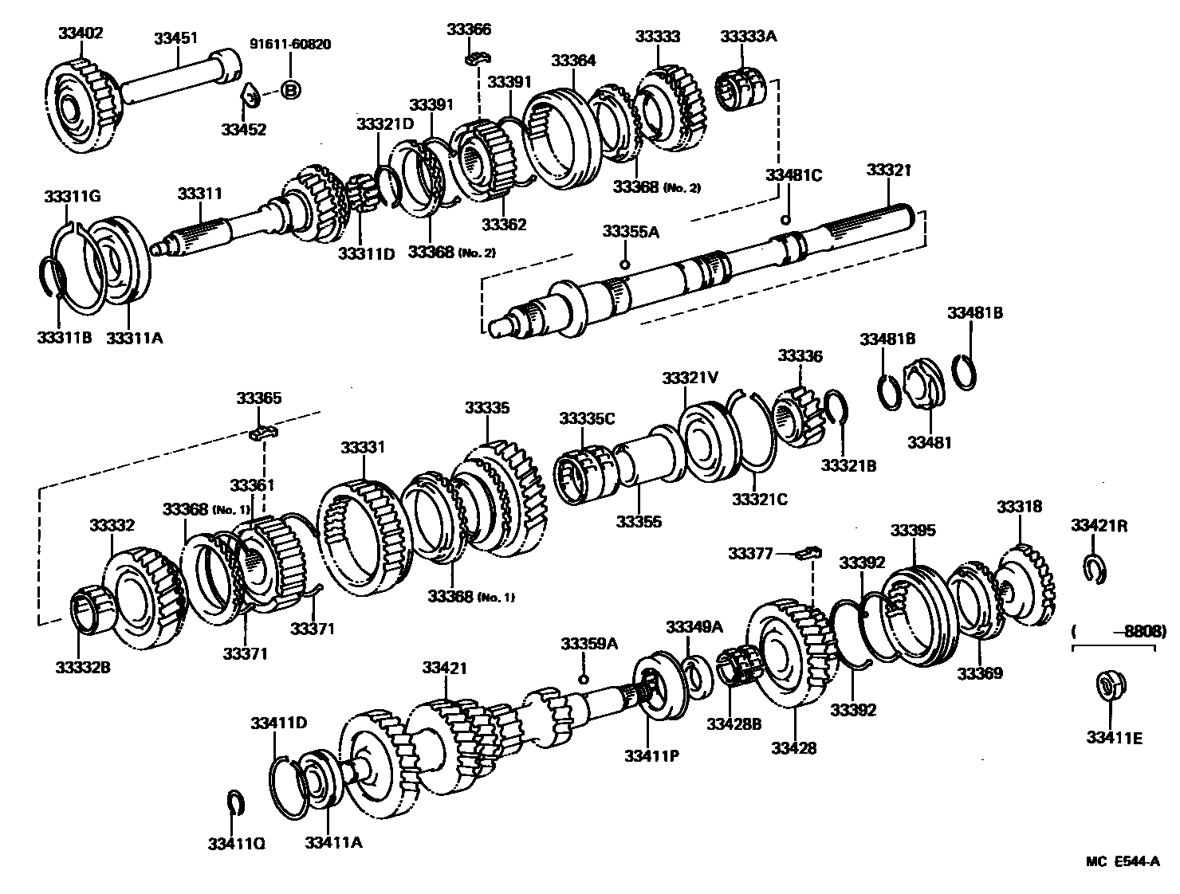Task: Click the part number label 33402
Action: pos(81,33)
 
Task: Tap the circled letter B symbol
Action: pos(291,91)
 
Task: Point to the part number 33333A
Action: pos(749,36)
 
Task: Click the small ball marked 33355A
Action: pos(625,265)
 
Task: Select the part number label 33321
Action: pos(889,170)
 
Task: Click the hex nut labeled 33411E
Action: pos(1107,686)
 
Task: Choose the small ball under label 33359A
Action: pos(583,678)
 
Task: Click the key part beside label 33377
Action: pos(809,551)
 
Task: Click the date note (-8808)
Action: pos(1114,630)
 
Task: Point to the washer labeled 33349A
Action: pos(694,674)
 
